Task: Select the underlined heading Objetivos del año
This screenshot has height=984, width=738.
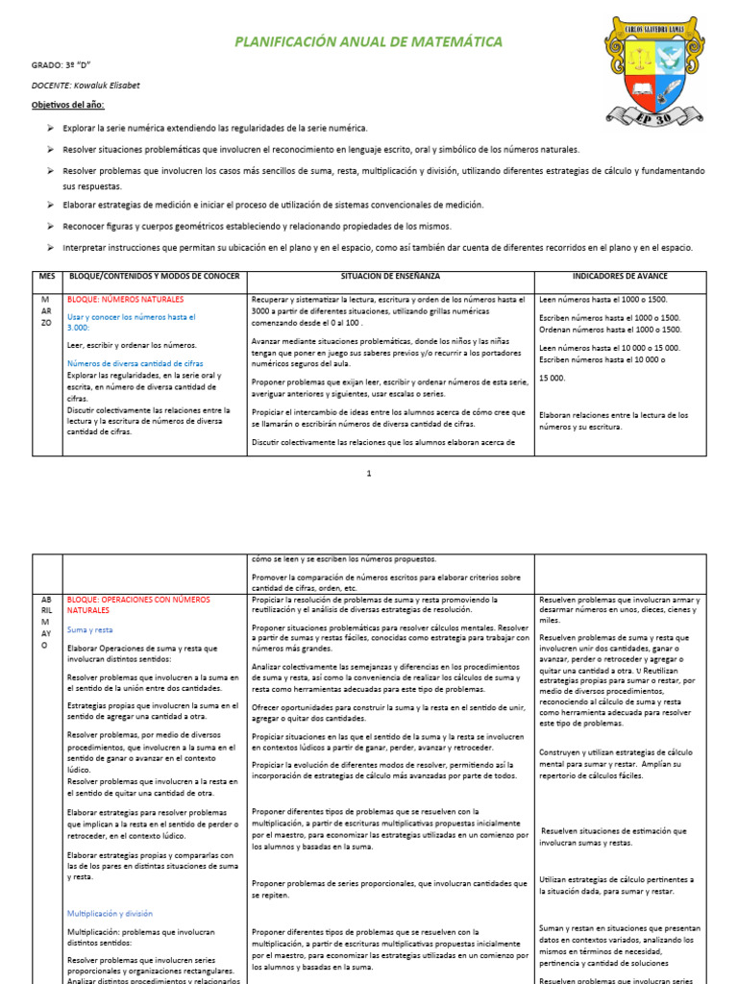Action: (68, 104)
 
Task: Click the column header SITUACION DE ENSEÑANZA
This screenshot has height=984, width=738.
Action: (390, 277)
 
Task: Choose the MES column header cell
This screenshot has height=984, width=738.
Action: (47, 277)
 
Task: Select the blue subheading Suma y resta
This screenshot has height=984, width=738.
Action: (90, 630)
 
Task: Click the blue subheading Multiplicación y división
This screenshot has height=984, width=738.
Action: (110, 914)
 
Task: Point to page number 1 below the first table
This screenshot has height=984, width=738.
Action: (368, 474)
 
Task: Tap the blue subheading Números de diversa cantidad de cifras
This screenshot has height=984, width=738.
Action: (135, 362)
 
